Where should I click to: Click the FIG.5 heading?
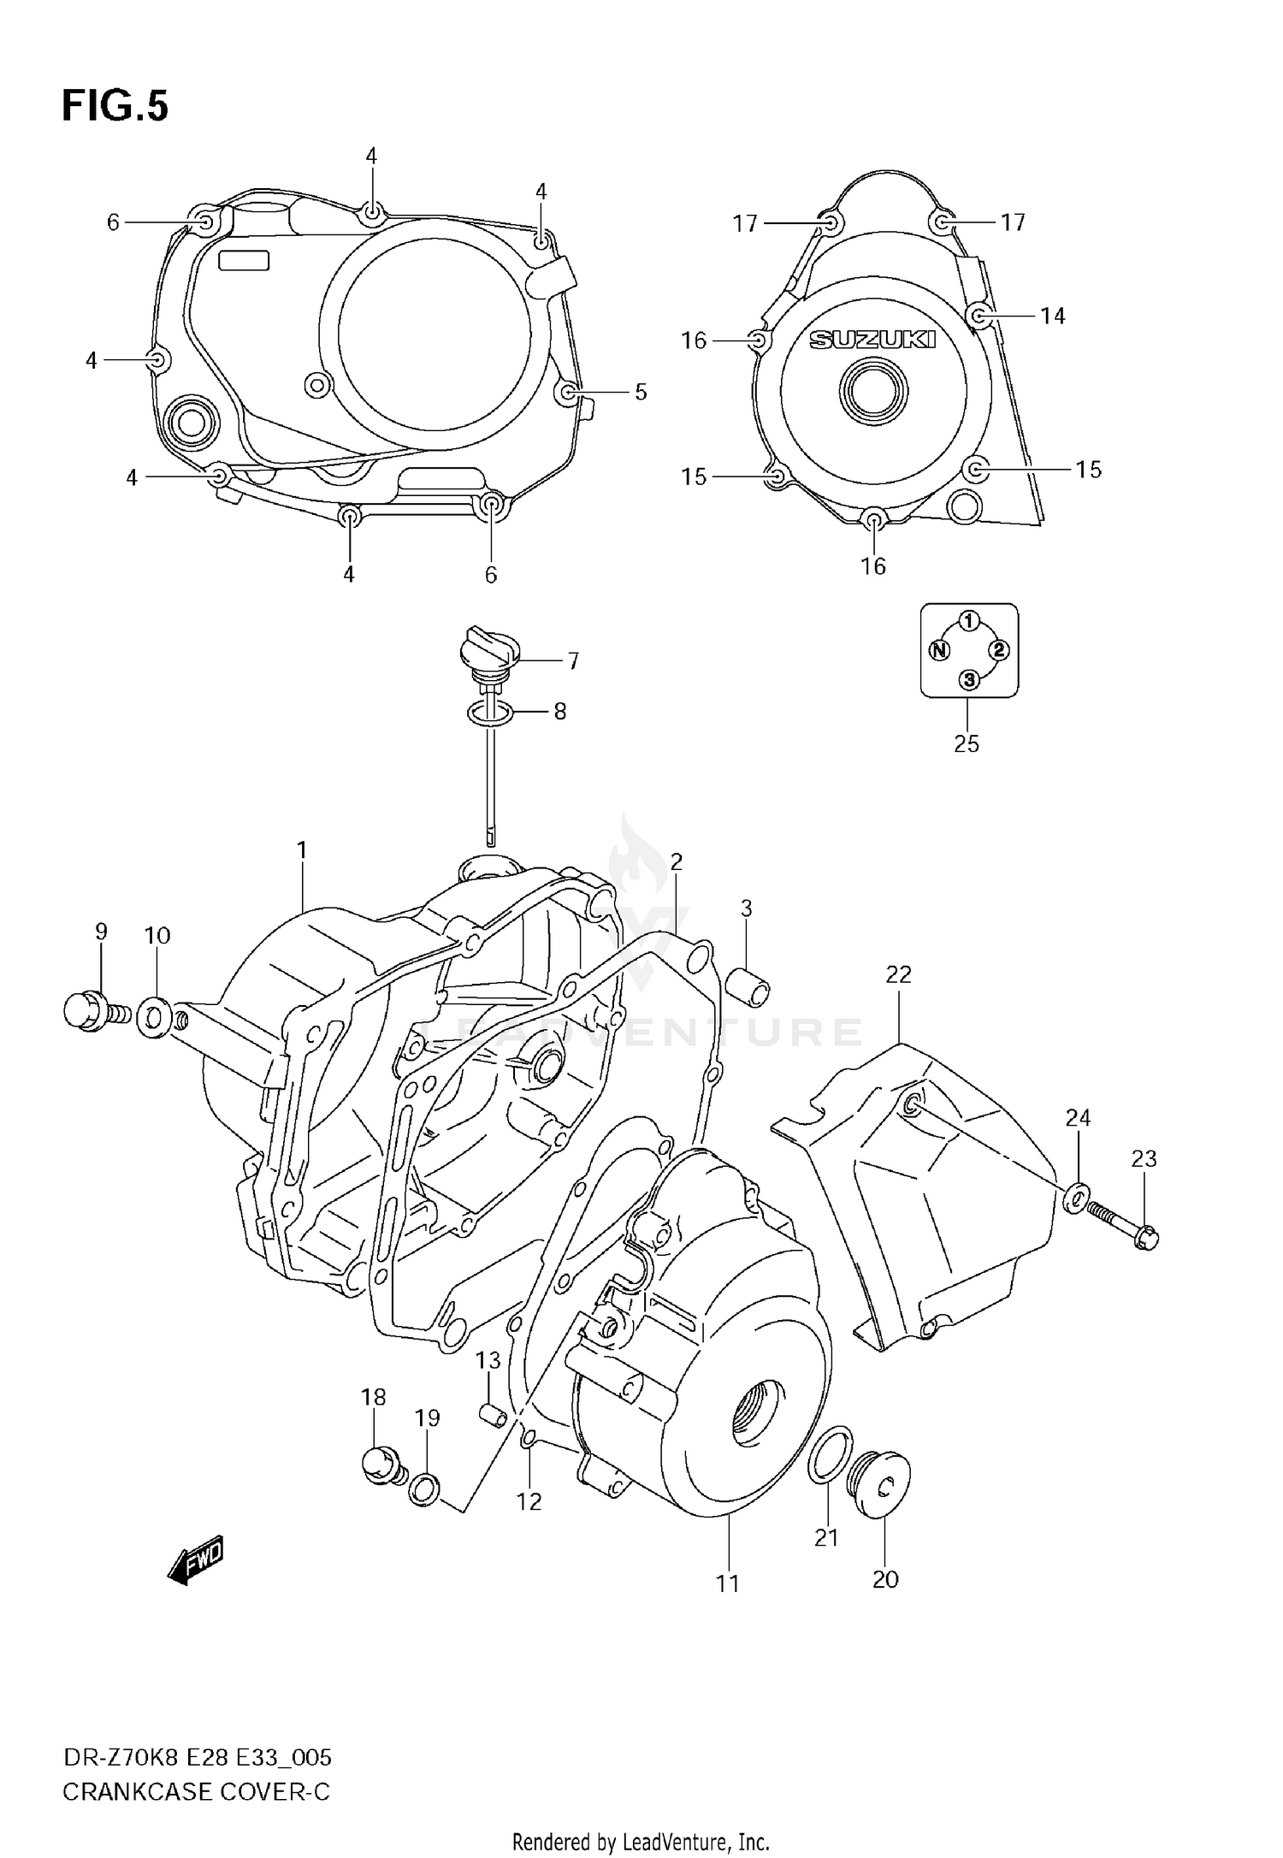115,107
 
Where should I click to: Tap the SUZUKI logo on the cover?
872,340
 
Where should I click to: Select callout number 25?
966,743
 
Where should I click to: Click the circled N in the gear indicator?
939,650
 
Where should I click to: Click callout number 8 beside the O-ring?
559,711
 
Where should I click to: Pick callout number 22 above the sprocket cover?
898,973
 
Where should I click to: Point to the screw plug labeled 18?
380,1464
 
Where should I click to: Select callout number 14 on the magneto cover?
1052,316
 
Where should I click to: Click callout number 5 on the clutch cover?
640,392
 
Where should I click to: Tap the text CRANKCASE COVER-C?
196,1791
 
